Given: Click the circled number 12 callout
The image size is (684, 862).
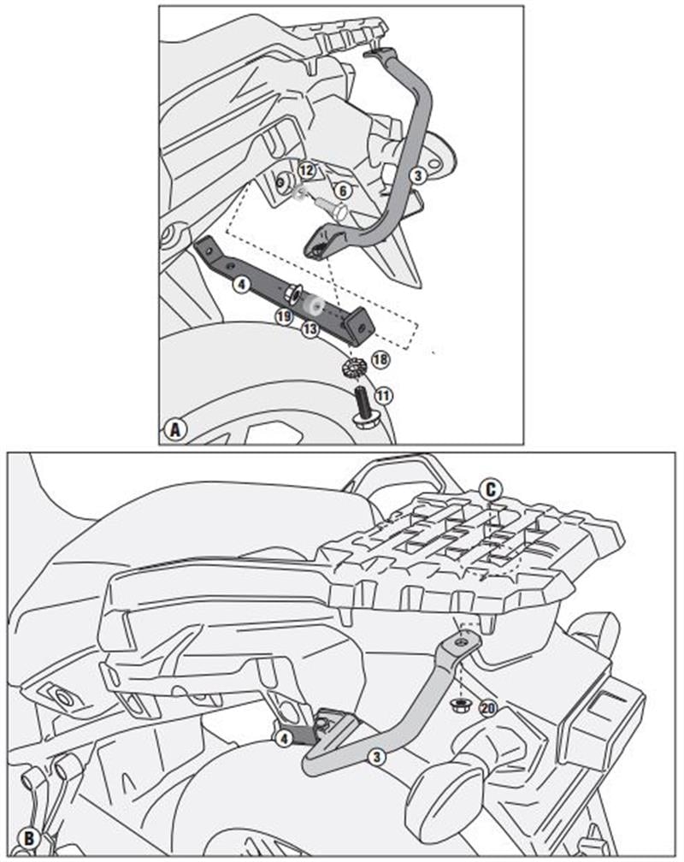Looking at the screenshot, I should click(307, 171).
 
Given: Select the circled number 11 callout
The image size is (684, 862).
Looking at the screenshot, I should click(384, 394).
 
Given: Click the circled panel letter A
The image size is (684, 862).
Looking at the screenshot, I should click(175, 429).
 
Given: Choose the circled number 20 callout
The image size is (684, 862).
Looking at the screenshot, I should click(487, 707).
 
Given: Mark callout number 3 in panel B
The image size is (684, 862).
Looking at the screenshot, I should click(374, 755).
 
